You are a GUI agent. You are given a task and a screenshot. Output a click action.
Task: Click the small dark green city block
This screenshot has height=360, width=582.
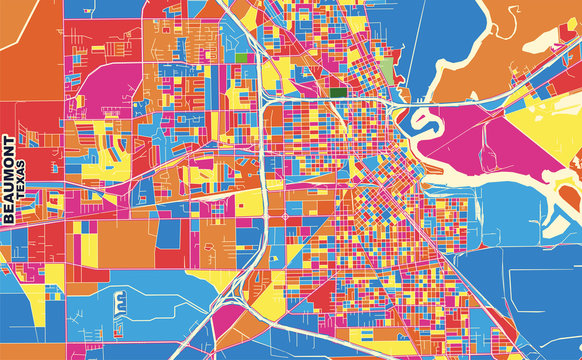336,92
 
